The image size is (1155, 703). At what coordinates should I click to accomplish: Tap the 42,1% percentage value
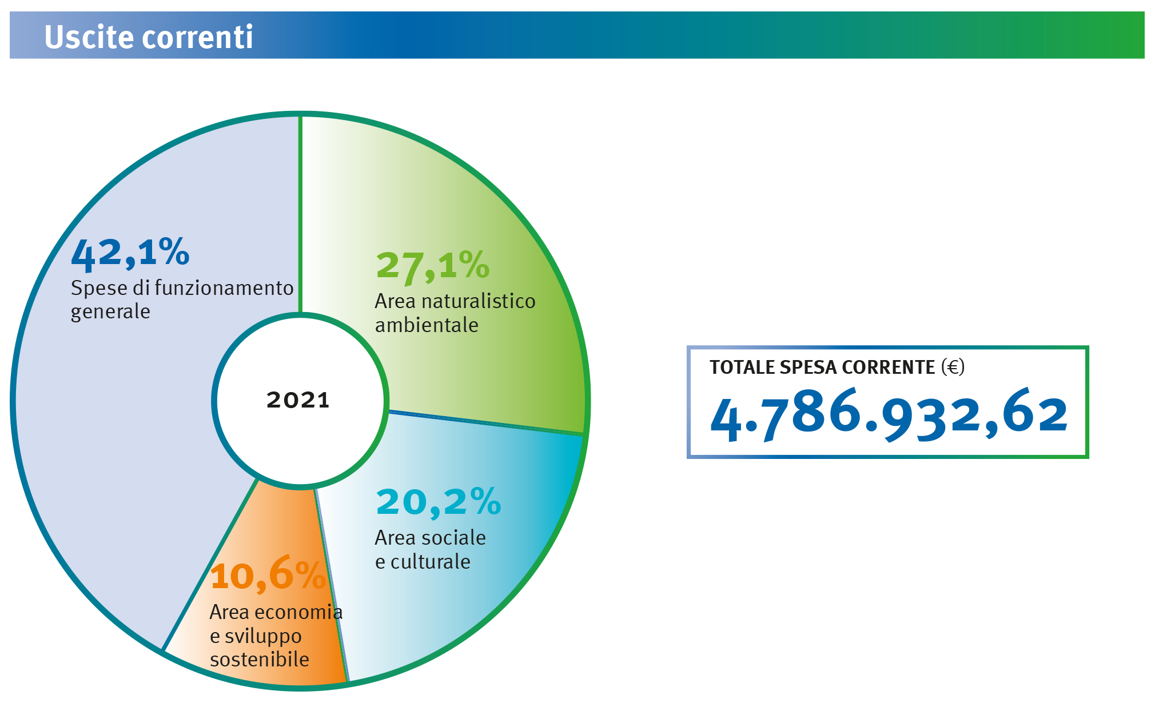130,253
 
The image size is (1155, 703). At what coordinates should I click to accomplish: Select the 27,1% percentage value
433,266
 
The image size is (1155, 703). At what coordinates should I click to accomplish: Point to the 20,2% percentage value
439,503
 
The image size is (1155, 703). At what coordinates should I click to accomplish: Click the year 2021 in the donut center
298,400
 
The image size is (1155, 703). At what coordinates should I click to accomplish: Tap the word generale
110,313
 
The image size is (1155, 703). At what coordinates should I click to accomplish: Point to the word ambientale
427,325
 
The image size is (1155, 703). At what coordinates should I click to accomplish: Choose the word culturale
431,562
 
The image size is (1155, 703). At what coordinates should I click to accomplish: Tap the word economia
298,612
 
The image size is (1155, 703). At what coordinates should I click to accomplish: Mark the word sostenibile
260,660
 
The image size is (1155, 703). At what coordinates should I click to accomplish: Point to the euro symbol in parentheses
953,367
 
